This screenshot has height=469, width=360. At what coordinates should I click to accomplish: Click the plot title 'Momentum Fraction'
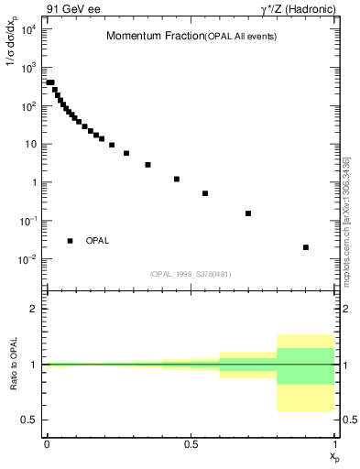(x=147, y=36)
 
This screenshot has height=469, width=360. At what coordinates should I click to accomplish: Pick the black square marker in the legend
(x=71, y=241)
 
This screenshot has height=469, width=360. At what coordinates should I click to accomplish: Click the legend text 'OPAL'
(x=98, y=241)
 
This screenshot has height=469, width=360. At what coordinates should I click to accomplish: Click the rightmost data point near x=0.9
(x=306, y=247)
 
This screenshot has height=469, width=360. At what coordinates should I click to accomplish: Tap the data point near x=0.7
(x=248, y=213)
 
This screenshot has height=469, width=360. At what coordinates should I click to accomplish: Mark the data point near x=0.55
(x=205, y=193)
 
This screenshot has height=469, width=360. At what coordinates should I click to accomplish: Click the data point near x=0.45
(x=177, y=179)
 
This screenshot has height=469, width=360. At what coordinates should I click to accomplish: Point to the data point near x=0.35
(x=147, y=165)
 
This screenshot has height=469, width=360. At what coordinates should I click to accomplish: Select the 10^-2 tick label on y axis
(x=28, y=259)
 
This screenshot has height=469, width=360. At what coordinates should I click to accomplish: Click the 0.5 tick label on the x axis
(x=191, y=443)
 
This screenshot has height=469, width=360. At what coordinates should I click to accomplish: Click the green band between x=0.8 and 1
(x=306, y=366)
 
